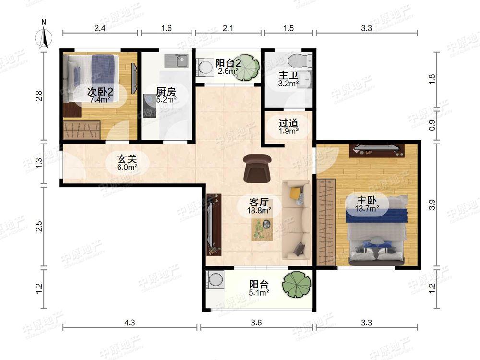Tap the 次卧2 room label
100,91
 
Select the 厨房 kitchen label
166,91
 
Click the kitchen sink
177,60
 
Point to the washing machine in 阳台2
205,67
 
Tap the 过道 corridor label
288,123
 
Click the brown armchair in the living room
257,168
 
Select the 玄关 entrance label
127,159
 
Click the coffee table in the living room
262,228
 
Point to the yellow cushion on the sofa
295,193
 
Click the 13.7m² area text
367,209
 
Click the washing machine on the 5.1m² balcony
216,279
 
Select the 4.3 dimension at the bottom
130,323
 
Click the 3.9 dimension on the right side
432,204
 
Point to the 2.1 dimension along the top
228,28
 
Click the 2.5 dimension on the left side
38,226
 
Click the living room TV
211,224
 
